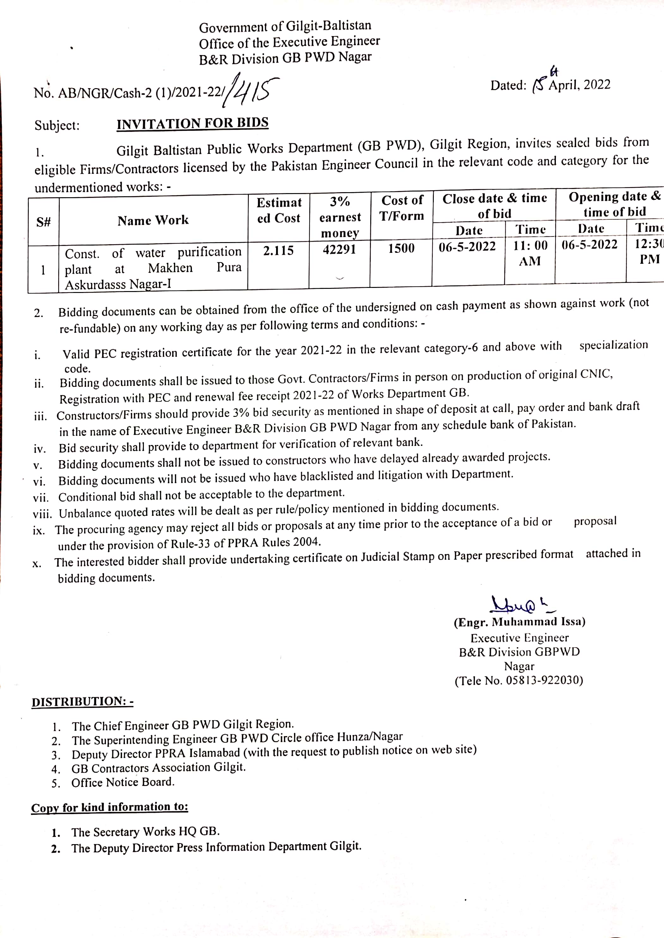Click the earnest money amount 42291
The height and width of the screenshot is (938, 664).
(x=339, y=249)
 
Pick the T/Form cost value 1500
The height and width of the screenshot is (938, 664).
(x=401, y=248)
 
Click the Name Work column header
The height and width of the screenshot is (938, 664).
(x=153, y=221)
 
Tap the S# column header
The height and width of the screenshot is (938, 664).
(x=43, y=222)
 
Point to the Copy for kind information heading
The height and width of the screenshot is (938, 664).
(x=110, y=807)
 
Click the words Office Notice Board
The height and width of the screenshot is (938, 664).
(x=123, y=782)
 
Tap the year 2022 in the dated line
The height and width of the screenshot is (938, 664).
(x=597, y=85)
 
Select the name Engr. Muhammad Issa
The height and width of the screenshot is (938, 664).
(x=519, y=622)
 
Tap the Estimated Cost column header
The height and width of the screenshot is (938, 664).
(x=279, y=210)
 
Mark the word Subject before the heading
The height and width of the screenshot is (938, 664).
(x=57, y=125)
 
